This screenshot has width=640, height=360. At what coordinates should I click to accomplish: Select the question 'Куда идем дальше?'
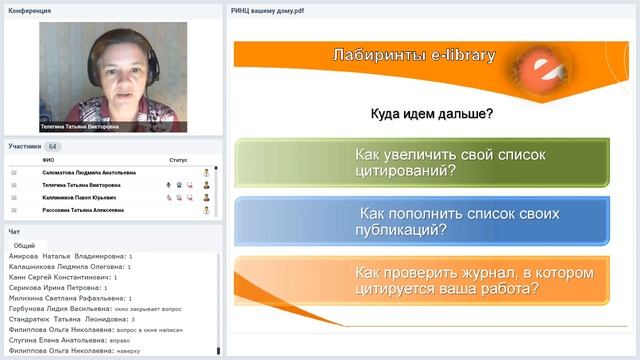431,114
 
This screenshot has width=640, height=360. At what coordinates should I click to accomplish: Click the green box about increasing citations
421,163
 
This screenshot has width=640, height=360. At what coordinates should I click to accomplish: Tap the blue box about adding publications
421,221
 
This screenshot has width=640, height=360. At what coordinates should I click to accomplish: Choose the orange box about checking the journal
421,280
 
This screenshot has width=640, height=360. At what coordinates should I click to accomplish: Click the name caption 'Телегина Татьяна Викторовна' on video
79,127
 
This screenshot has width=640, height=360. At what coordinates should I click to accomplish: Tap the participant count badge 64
54,146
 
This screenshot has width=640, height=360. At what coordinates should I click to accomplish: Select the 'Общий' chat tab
24,245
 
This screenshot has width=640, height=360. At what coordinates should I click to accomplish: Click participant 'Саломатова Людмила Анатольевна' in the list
88,172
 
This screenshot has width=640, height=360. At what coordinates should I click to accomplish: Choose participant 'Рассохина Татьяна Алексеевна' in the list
83,210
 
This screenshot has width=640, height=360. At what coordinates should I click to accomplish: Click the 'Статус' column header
178,160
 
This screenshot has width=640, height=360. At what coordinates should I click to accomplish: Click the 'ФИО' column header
48,160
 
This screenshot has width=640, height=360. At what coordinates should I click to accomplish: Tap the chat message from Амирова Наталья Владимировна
70,256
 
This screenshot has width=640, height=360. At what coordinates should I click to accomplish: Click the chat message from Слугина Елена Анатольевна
75,340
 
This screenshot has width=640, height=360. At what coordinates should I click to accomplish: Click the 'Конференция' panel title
30,11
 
